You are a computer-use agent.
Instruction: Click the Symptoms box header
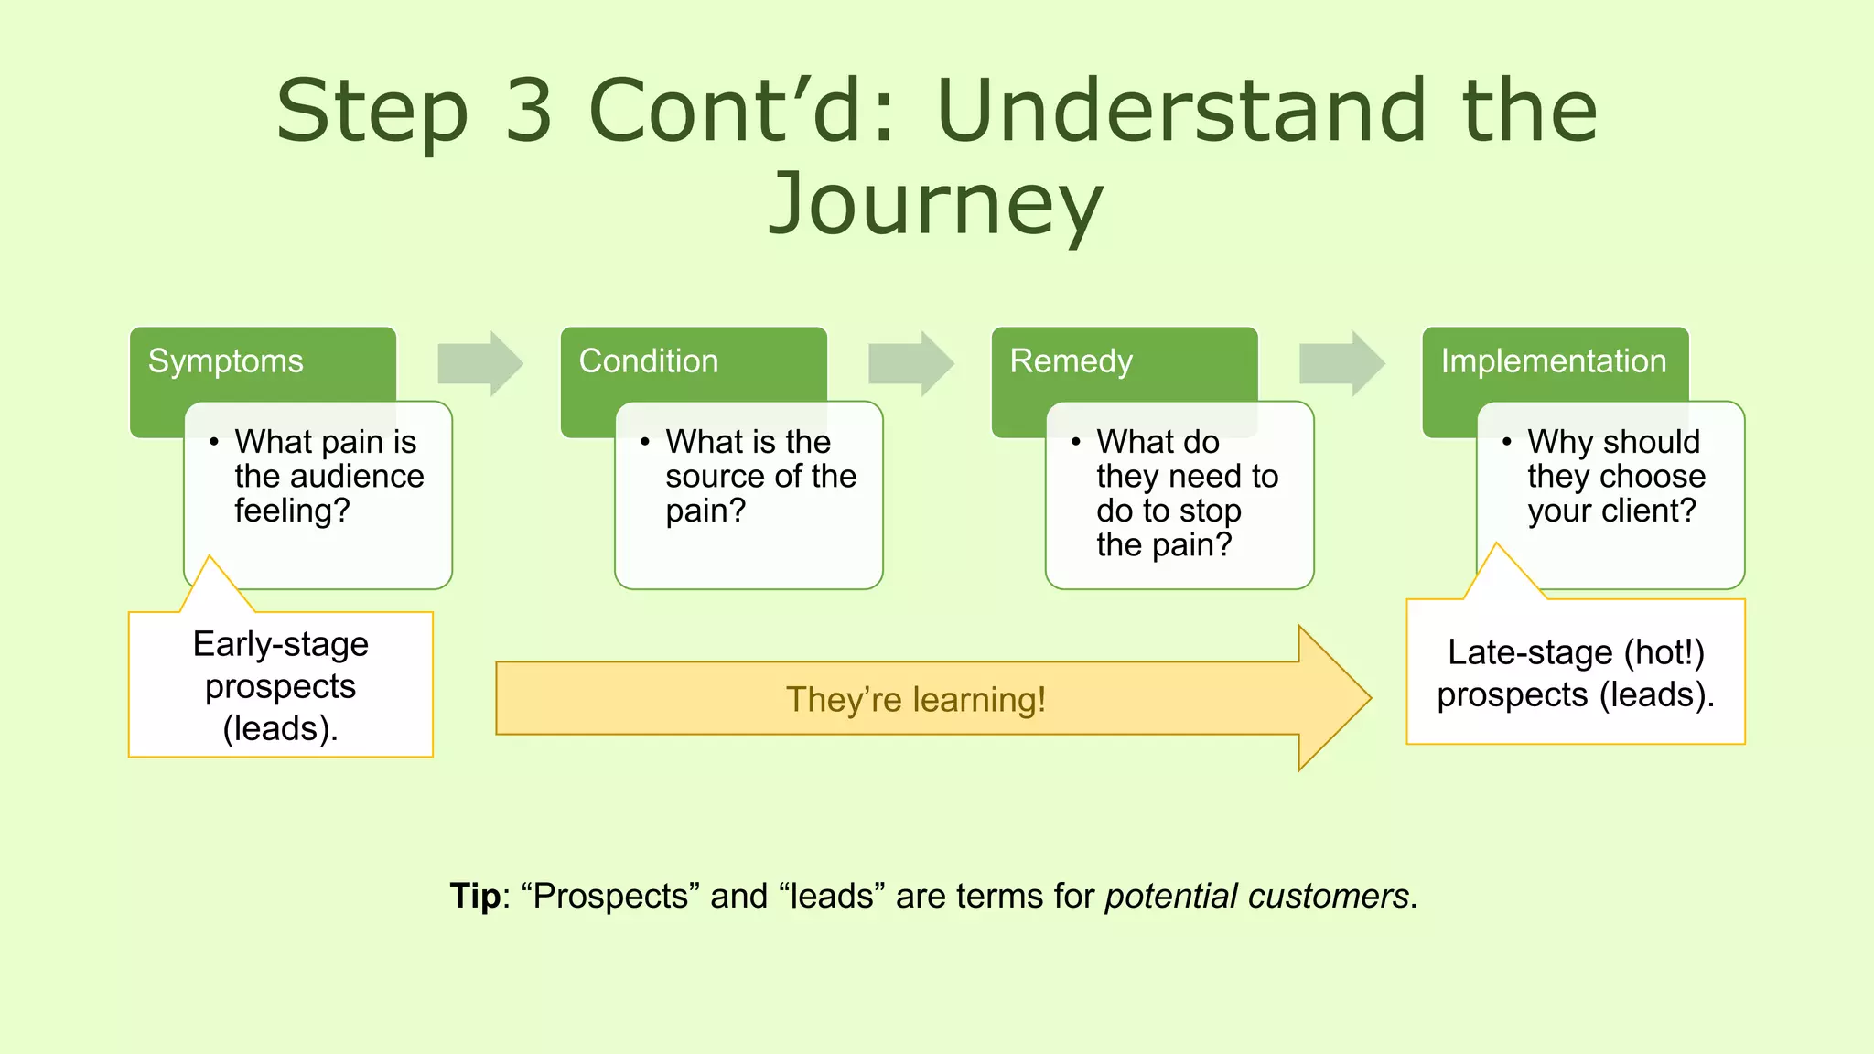226,361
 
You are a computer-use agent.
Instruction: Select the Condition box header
649,361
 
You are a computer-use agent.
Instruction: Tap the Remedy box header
1072,361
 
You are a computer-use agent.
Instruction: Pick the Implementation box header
1554,361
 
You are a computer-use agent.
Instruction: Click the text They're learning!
915,700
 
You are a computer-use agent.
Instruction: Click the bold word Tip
475,896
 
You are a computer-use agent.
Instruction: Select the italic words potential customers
1256,896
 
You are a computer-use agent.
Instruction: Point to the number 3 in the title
529,111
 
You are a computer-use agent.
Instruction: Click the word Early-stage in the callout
280,644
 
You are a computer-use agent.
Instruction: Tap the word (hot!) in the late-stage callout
1664,652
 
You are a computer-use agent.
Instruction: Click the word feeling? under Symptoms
292,511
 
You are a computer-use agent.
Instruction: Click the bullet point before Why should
1507,442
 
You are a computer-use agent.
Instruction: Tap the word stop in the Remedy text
1205,511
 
